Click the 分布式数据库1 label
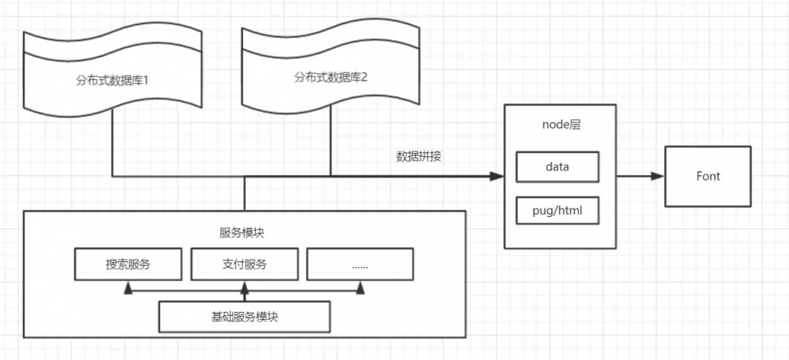point(114,80)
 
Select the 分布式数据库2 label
point(331,77)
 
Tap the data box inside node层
point(557,167)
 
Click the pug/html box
point(557,211)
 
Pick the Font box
point(708,176)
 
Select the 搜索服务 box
point(128,264)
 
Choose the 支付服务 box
point(245,264)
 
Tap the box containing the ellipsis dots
point(360,264)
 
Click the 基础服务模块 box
point(245,317)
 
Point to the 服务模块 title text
point(244,232)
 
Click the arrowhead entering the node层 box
point(498,176)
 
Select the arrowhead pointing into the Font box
point(657,176)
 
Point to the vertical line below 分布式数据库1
point(112,142)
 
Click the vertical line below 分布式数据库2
point(330,142)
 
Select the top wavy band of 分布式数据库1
point(112,44)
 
